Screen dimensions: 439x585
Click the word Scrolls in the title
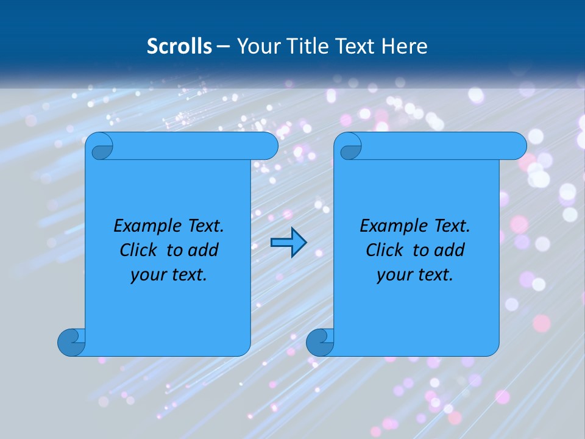(179, 46)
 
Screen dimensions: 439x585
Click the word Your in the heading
(256, 46)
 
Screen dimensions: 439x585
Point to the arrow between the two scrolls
(288, 242)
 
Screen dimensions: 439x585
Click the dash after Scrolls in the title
(223, 46)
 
